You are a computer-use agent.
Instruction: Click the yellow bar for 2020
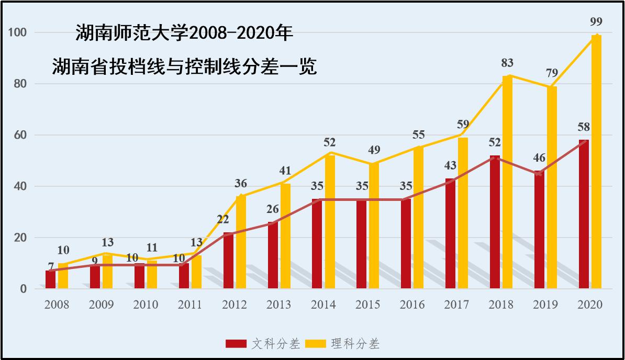point(596,162)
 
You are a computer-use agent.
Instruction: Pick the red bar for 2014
point(317,243)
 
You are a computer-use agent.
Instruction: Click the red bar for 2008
point(50,279)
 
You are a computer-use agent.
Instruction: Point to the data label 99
point(596,22)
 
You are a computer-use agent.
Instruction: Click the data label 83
point(507,63)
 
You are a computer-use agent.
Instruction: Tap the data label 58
point(584,127)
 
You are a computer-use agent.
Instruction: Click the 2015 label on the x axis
point(368,305)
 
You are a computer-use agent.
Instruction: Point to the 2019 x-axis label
point(545,305)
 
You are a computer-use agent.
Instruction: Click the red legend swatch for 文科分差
point(236,344)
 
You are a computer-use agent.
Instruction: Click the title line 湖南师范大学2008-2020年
point(184,34)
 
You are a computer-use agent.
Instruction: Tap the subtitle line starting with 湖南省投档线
point(184,67)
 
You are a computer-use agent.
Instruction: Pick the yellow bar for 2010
point(152,274)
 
